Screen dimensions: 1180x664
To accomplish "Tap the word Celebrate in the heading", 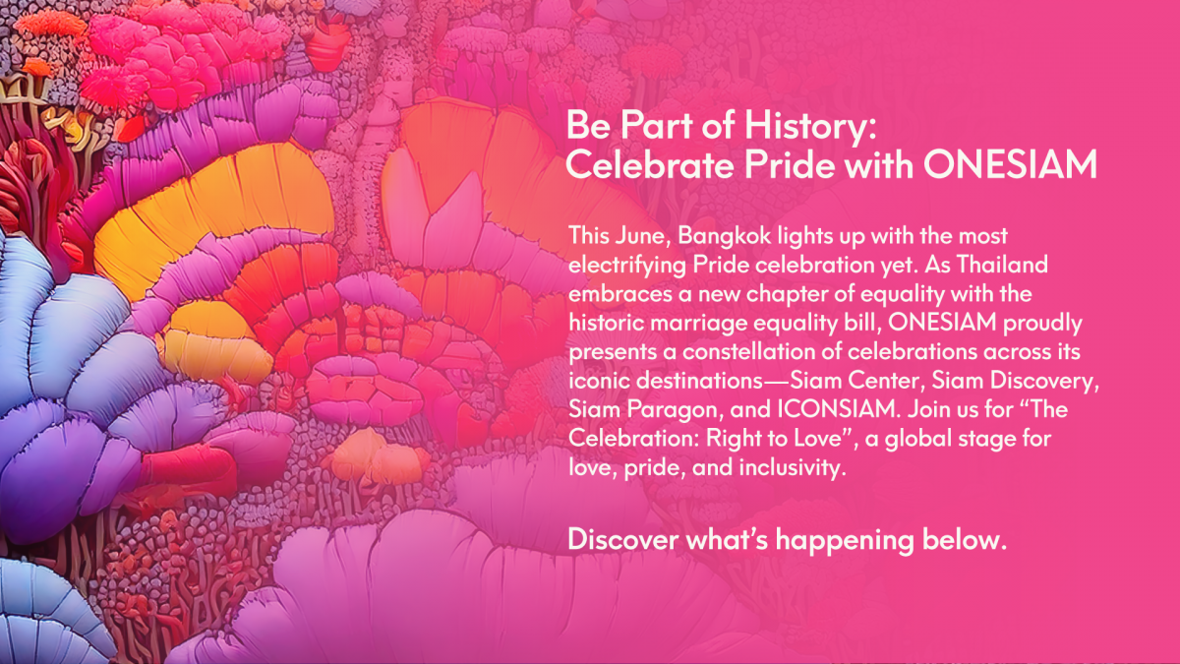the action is click(650, 164).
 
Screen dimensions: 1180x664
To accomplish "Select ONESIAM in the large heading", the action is click(1010, 164).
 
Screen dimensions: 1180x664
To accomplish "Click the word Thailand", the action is click(1002, 264).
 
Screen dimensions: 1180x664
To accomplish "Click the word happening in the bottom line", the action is click(845, 541).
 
